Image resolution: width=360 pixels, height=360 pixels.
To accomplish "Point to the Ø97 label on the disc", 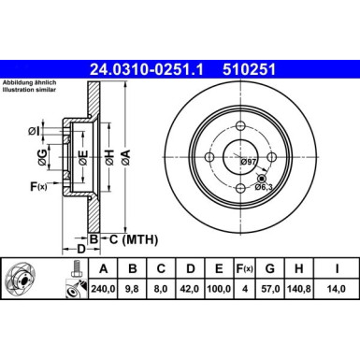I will [249, 164].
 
